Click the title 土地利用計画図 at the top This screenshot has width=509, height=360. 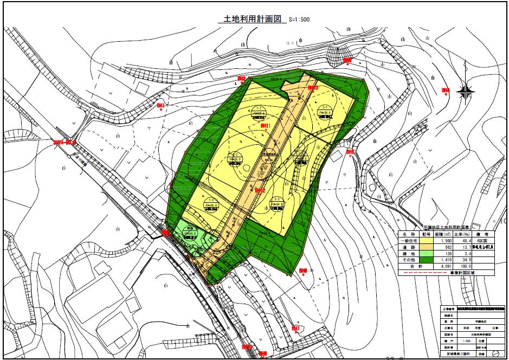coord(250,18)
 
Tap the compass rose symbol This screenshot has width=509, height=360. coord(465,92)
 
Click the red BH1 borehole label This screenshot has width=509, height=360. coord(160,105)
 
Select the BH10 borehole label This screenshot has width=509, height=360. coord(313,88)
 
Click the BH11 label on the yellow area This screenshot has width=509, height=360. coord(266,126)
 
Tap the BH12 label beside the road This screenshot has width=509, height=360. coord(260,190)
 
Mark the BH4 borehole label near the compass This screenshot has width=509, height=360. coord(446,90)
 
